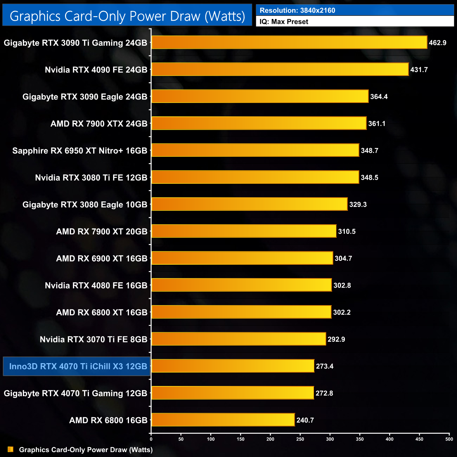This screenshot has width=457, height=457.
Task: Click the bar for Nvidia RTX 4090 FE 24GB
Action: coord(280,69)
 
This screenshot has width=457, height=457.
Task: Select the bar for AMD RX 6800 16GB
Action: coord(223,420)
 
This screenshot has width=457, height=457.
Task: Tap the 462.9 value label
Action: coord(437,43)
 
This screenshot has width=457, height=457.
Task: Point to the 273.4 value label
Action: coord(324,366)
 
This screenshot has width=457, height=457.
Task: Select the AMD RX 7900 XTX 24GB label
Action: coord(99,124)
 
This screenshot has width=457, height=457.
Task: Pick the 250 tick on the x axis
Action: coord(300,439)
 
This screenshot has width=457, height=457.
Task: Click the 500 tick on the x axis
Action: coord(449,439)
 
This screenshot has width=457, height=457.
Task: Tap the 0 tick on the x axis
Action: coord(151,439)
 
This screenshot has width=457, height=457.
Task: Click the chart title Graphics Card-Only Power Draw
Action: coord(127,16)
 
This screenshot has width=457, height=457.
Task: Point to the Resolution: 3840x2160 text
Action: coord(297,11)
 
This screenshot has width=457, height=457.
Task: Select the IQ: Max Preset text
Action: coord(284,22)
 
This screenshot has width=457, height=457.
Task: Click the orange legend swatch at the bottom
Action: coord(11,449)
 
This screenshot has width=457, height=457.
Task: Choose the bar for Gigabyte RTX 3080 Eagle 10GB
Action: coord(250,204)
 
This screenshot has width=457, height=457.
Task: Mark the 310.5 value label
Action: coord(347,232)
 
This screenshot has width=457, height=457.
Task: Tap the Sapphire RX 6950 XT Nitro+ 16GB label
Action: coord(80,151)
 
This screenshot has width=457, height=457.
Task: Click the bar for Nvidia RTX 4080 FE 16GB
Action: coord(242,285)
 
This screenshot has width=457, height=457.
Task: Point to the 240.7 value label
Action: coord(305,420)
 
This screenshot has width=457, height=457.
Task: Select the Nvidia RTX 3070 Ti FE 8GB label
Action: coord(94,340)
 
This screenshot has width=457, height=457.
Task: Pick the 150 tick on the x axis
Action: coord(240,439)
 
